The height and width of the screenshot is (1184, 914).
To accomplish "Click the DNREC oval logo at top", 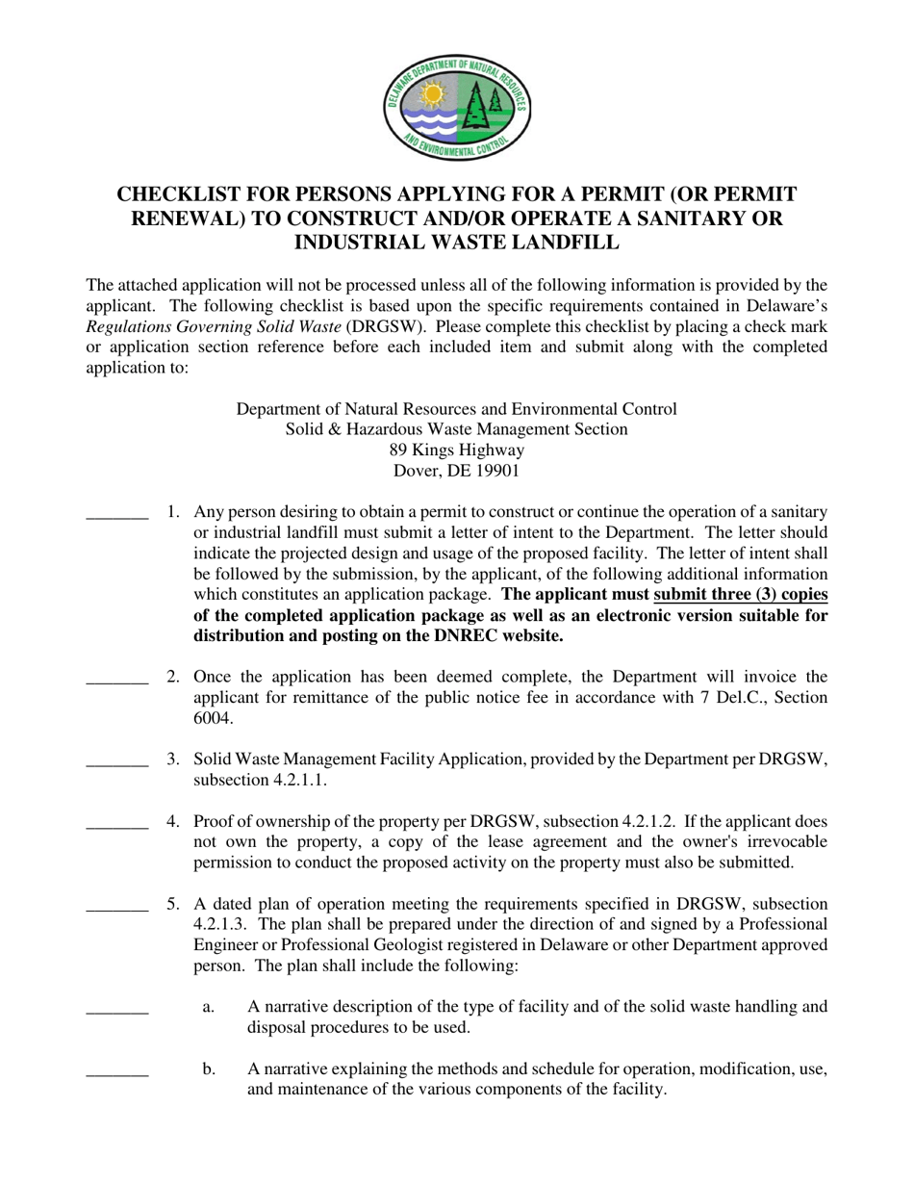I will tap(457, 107).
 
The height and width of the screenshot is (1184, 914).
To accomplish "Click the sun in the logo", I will tap(432, 95).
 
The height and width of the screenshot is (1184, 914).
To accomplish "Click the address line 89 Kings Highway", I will tap(457, 450).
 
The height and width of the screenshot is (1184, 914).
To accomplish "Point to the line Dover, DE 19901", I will tap(457, 471).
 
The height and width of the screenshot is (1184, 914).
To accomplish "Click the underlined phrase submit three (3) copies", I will tap(740, 594).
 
